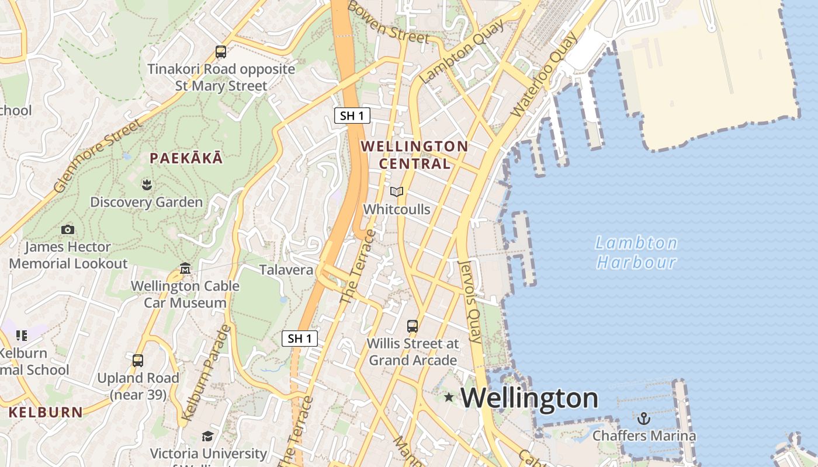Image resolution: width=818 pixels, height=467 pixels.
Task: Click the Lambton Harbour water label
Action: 636,252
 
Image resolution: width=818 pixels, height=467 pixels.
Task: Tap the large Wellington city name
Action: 529,398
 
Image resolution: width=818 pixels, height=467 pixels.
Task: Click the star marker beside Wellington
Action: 449,398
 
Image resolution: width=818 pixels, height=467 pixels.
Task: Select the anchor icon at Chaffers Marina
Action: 643,419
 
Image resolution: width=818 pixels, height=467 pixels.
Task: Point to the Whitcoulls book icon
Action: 397,191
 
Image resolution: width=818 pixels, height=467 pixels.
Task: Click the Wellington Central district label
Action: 415,155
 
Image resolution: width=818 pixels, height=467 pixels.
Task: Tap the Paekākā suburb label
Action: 186,158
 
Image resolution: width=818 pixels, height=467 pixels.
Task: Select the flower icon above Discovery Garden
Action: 146,185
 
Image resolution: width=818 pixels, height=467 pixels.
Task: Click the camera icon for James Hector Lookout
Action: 68,229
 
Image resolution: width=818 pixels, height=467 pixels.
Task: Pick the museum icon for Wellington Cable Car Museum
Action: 185,269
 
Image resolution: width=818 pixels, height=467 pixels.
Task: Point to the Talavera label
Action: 286,270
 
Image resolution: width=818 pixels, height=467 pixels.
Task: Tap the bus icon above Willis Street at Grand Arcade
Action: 413,326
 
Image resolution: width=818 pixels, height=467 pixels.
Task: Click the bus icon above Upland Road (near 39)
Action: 138,361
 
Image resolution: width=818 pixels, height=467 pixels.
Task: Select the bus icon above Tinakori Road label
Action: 221,51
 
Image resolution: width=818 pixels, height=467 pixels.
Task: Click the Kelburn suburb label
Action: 46,412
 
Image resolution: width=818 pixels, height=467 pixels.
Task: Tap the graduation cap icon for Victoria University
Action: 207,436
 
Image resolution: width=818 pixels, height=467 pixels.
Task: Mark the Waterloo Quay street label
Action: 543,74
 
